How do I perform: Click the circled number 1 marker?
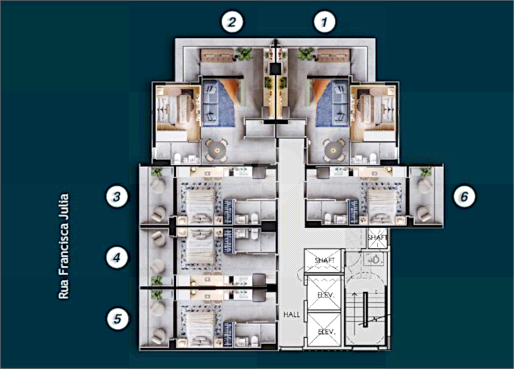pos(325,22)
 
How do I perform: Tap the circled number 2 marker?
pos(232,22)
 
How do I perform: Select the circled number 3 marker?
pos(117,197)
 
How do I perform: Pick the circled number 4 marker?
pos(117,258)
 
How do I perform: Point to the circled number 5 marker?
pos(117,319)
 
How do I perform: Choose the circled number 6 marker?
pos(464,197)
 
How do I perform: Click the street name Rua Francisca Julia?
pos(64,246)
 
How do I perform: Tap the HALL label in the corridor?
pos(292,315)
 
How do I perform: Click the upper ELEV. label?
pos(326,295)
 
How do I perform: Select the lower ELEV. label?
pos(327,332)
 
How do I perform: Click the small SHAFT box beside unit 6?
pos(377,237)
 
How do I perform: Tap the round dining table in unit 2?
pos(216,150)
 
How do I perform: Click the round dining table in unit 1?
pos(334,150)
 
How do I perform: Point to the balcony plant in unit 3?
pos(157,172)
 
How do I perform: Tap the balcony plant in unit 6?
pos(426,172)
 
